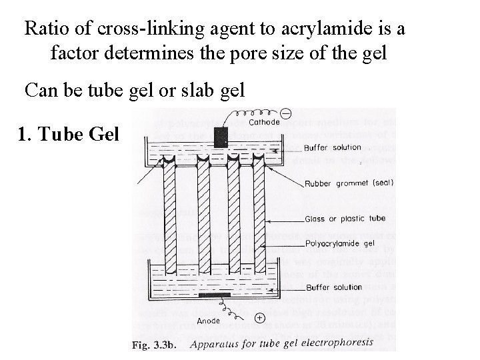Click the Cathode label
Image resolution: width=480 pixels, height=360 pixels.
tap(263, 123)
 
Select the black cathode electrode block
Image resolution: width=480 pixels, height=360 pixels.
tap(221, 136)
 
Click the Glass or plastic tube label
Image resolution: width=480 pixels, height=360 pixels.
tap(345, 218)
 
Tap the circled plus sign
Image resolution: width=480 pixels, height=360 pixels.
tap(259, 318)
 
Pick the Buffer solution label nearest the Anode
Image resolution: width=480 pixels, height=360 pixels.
tap(334, 287)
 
